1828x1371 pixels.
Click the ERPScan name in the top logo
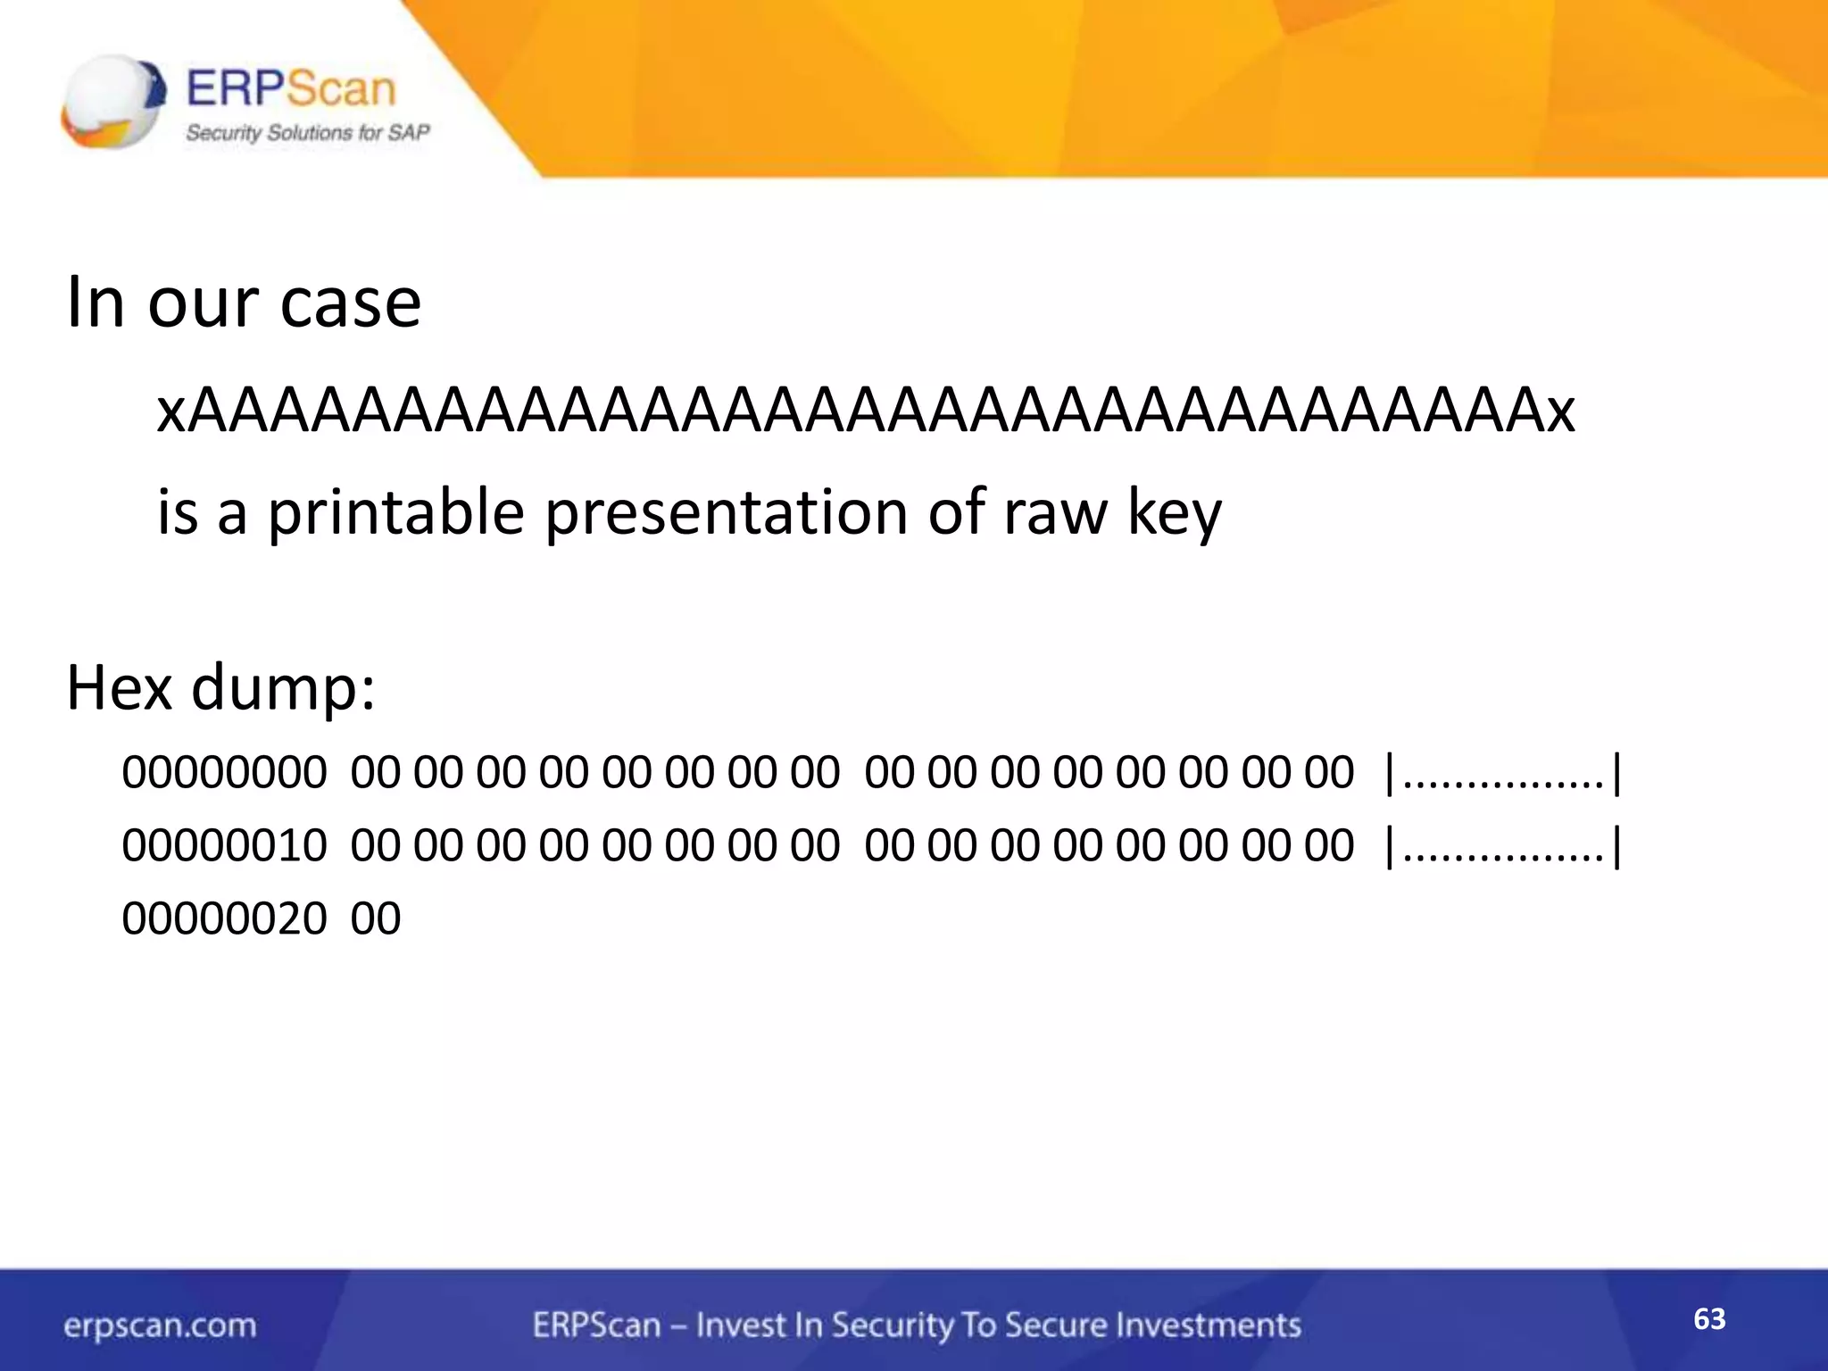[x=291, y=89]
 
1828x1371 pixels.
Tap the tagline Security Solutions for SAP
[x=307, y=133]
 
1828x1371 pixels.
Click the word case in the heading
[x=350, y=303]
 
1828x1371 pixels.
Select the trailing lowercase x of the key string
[x=1560, y=412]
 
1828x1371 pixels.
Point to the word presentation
[x=725, y=513]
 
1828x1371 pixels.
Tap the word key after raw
[x=1174, y=515]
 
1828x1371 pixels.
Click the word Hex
[x=119, y=688]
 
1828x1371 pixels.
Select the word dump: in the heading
[x=284, y=690]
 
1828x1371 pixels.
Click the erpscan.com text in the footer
[x=160, y=1325]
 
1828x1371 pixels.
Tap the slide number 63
[x=1709, y=1319]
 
